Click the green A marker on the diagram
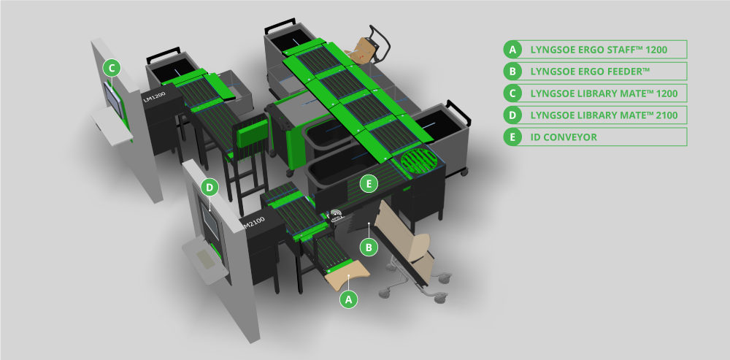point(349,299)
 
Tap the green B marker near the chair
point(369,247)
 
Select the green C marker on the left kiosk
point(111,68)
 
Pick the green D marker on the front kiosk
point(210,187)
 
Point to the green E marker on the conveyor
point(369,183)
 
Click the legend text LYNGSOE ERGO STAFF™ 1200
point(598,50)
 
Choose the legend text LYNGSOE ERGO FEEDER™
point(590,72)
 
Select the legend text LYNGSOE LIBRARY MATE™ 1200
point(604,93)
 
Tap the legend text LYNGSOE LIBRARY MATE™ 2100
point(604,115)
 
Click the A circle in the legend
point(513,50)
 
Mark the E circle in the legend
point(513,137)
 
